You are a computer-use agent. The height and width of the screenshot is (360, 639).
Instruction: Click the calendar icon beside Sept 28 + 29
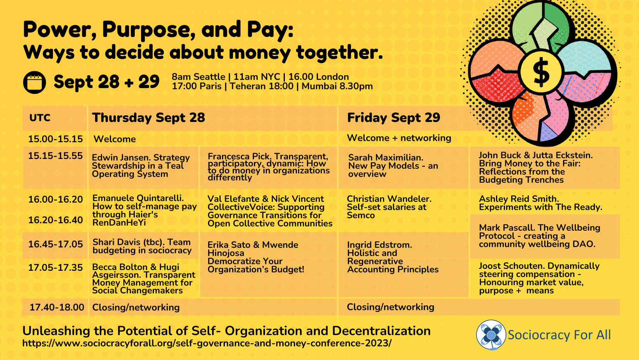point(35,82)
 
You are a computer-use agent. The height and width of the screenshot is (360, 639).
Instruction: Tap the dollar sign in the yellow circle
point(541,72)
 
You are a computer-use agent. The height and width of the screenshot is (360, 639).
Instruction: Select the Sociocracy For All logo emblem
point(491,335)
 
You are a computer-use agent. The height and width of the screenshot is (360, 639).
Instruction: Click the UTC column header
point(40,118)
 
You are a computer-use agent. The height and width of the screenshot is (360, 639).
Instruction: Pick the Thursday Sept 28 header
point(148,118)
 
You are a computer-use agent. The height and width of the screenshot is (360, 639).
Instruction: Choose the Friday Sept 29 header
point(394,118)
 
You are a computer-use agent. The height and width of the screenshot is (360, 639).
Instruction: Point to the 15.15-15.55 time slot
point(55,156)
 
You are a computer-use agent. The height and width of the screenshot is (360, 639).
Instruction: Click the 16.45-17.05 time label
point(55,244)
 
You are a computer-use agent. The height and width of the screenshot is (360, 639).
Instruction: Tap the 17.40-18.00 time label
point(57,307)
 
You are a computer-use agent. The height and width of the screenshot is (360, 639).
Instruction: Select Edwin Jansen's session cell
point(141,166)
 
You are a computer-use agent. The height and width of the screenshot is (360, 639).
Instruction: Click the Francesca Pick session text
point(268,167)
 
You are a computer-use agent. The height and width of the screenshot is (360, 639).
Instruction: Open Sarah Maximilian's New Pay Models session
point(393,166)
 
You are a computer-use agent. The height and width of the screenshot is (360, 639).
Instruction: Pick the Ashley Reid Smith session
point(540,203)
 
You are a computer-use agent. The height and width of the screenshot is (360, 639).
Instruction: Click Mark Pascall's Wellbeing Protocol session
point(539,236)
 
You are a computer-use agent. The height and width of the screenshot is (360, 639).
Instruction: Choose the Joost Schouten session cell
point(539,278)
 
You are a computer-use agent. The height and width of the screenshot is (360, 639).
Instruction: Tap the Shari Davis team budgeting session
point(142,246)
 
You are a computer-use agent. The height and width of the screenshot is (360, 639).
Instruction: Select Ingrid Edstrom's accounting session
point(392,257)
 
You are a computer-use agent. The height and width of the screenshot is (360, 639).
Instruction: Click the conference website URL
point(207,343)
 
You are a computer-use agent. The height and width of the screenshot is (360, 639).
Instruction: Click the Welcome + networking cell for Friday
point(399,138)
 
